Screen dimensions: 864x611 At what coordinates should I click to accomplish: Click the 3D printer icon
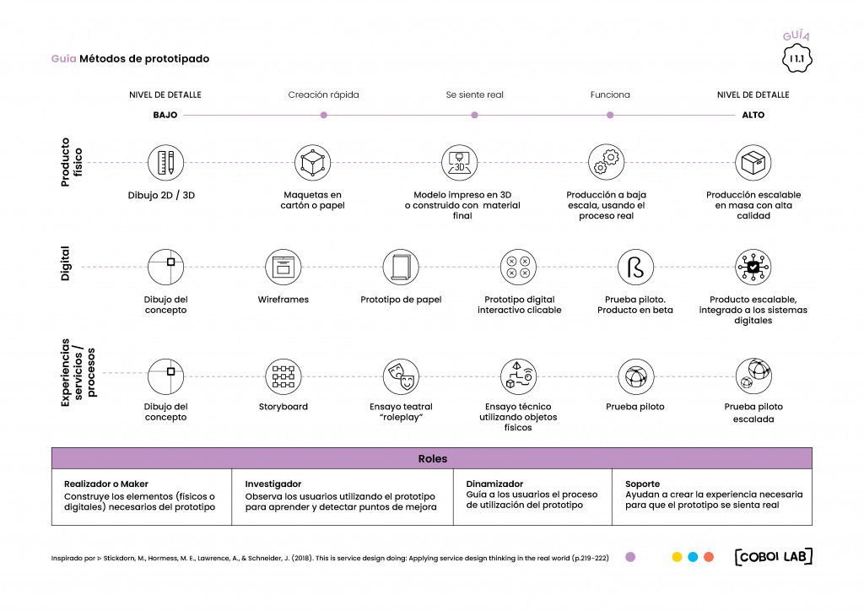459,163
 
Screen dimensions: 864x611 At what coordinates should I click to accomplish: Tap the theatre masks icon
401,377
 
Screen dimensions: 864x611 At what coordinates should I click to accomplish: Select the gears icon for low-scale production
606,163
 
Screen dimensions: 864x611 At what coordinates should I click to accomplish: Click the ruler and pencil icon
165,163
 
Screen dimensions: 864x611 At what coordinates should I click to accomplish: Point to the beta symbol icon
635,268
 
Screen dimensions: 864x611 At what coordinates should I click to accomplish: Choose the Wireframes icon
283,268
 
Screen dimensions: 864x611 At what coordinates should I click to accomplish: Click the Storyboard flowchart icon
283,377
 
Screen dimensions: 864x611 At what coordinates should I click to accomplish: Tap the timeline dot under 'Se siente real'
474,115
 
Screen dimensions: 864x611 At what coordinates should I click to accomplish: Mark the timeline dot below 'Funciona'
610,115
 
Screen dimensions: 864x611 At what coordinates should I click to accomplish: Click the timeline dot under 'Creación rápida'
323,115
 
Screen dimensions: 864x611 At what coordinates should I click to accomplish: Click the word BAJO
165,115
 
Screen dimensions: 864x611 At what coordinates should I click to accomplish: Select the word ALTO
753,115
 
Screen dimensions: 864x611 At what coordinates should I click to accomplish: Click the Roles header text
433,458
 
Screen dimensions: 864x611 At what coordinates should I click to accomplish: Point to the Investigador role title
273,484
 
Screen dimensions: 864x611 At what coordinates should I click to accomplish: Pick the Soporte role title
642,484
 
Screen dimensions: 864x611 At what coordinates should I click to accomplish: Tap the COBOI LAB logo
774,556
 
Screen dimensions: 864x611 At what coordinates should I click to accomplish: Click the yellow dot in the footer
678,557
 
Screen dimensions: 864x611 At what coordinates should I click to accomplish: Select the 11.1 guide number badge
796,58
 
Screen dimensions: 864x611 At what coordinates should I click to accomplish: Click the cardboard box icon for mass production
753,163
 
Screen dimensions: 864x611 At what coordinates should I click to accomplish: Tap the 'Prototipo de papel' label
401,300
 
